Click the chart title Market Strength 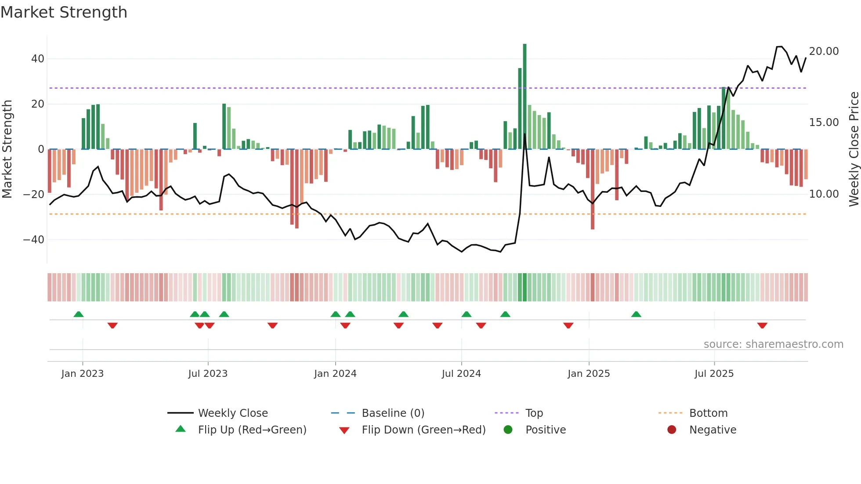coord(64,12)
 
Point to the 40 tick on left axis coord(38,59)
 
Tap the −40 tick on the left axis coord(34,240)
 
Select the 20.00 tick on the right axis coord(824,51)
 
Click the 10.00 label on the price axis coord(824,194)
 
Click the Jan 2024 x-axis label coord(335,374)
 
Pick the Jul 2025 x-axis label coord(714,374)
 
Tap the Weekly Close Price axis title coord(854,149)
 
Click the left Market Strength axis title coord(7,149)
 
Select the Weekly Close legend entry coord(232,413)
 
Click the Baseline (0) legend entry coord(393,413)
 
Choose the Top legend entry coord(534,413)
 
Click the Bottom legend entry coord(708,413)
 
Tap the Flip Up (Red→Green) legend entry coord(252,430)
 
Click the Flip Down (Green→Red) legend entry coord(423,430)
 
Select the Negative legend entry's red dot coord(672,430)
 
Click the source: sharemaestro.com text coord(773,344)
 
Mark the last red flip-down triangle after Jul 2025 coord(762,325)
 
